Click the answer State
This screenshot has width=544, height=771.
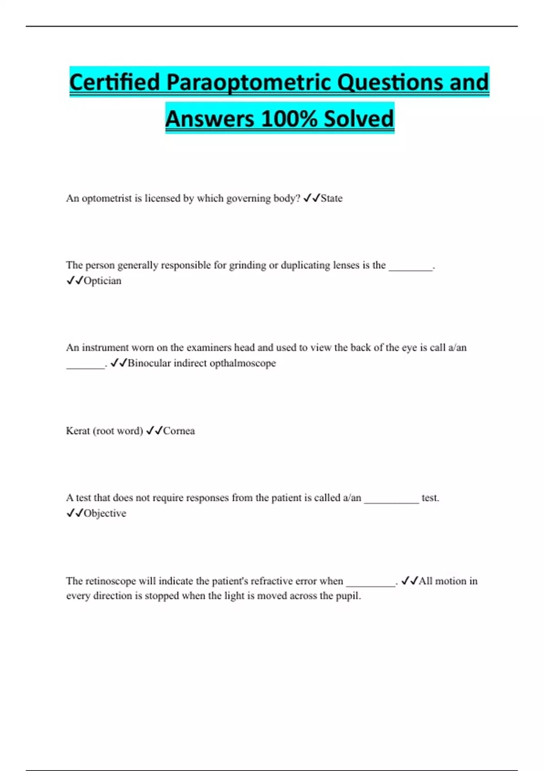331,199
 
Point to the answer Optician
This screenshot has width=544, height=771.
102,281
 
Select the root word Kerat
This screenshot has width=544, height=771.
78,431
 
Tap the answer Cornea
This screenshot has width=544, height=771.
179,431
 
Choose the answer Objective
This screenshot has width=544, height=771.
105,513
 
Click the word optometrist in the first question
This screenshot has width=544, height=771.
107,199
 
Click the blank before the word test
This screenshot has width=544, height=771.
391,501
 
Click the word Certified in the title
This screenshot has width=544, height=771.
115,83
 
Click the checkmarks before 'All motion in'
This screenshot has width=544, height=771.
409,581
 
